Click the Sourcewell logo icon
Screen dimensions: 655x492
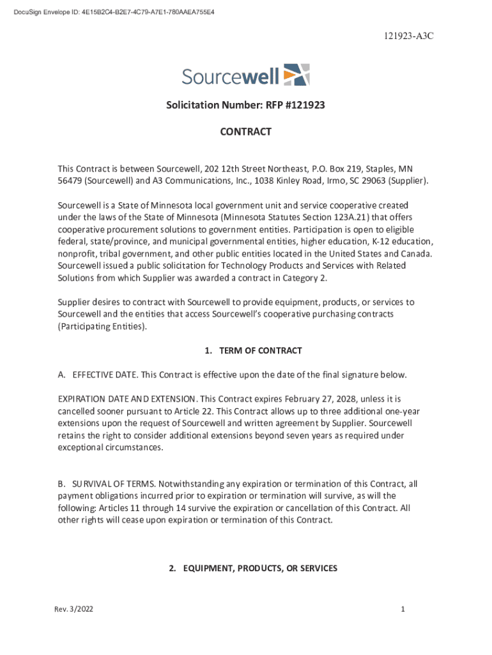pyautogui.click(x=296, y=74)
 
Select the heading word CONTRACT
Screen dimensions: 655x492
pyautogui.click(x=246, y=132)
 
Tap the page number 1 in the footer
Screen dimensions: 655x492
pyautogui.click(x=403, y=610)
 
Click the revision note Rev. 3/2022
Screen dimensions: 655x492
pyautogui.click(x=73, y=610)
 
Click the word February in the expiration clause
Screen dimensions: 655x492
pyautogui.click(x=266, y=399)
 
